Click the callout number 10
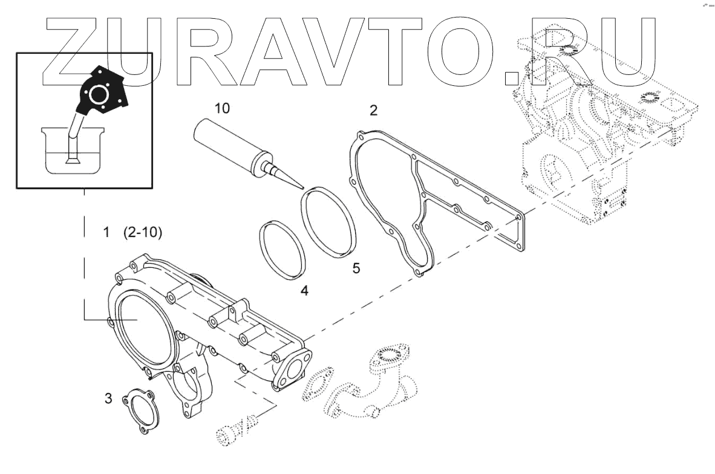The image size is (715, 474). (222, 108)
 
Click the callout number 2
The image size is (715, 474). (373, 110)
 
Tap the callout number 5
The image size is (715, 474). (356, 268)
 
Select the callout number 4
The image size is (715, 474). (304, 291)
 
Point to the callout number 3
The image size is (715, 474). (108, 398)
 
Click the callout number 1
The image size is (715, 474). (106, 232)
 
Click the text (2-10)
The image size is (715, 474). (142, 232)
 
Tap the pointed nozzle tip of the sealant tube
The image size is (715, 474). (300, 188)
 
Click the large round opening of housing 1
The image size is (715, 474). (143, 326)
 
